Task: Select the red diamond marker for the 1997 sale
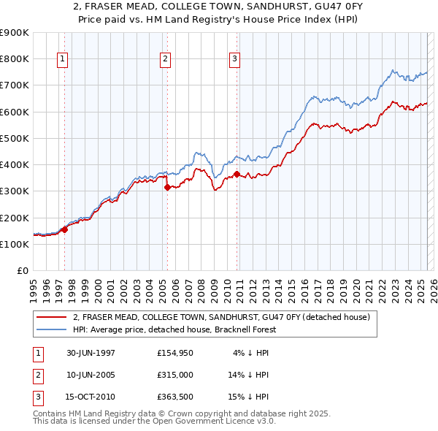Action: point(65,229)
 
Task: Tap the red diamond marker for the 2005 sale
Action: point(167,187)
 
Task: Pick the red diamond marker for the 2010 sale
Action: point(237,174)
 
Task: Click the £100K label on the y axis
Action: point(14,244)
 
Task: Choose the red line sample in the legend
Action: point(52,317)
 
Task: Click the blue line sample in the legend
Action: point(52,329)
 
